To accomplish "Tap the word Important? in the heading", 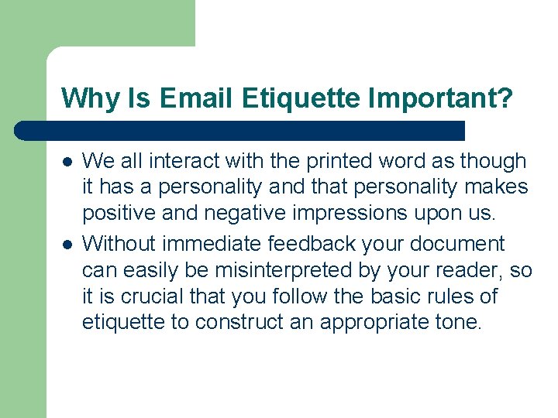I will click(439, 98).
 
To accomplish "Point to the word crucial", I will click(150, 296).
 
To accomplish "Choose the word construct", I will click(242, 323).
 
